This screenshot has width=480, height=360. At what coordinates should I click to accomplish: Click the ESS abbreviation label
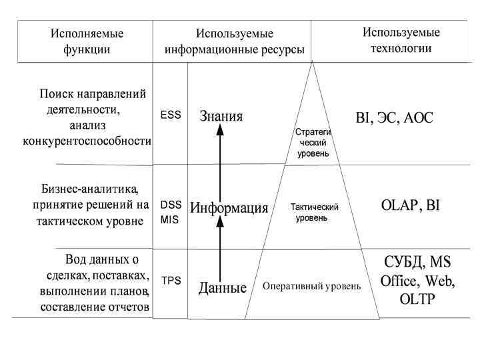tap(171, 115)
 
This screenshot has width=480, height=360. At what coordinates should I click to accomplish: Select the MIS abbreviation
tap(169, 219)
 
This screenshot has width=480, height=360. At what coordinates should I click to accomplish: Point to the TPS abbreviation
tap(171, 281)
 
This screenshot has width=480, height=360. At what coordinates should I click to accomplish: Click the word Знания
tap(221, 117)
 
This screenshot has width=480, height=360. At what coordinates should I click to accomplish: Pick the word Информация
tap(229, 208)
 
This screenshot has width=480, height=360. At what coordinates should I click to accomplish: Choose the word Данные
tap(223, 288)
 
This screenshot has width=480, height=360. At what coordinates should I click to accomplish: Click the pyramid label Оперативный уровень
tap(311, 287)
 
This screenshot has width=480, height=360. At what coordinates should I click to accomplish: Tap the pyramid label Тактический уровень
tap(315, 213)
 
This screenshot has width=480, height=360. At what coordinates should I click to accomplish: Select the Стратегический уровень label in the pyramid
tap(313, 143)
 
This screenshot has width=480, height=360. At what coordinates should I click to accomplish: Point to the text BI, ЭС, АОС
tap(394, 119)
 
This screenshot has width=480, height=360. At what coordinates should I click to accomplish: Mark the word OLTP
tap(417, 299)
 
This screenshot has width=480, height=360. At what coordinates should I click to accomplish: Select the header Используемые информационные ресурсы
tap(234, 41)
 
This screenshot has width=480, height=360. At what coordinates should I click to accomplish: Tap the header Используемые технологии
tap(401, 40)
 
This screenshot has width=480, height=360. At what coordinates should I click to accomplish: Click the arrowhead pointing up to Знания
tap(220, 131)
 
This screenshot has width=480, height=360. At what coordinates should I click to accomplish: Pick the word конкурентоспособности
tap(87, 141)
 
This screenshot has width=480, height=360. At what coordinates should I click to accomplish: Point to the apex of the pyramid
tap(311, 63)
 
